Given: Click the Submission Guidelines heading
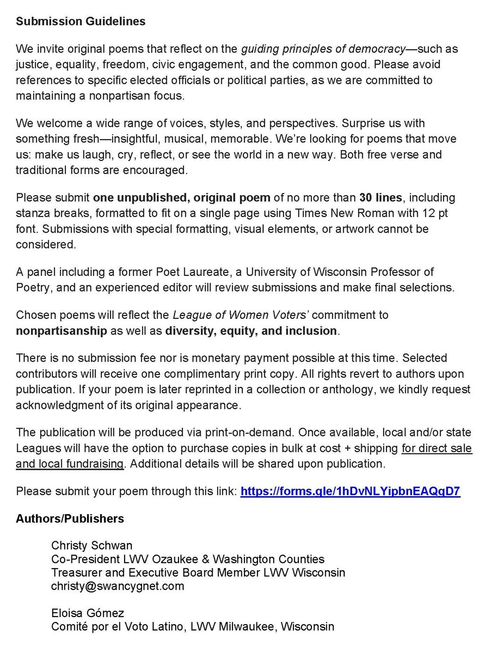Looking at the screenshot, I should [81, 21].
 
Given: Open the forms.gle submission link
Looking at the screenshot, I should [350, 491].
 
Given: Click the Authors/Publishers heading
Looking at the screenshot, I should [70, 518].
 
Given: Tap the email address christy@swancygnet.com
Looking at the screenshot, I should [118, 586].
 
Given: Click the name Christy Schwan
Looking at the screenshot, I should [92, 545].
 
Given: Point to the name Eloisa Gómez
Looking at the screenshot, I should [88, 613].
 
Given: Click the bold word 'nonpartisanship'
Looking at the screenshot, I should [61, 331].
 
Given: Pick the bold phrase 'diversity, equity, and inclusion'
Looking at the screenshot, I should [251, 331].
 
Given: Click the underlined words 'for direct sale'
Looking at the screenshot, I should [436, 448].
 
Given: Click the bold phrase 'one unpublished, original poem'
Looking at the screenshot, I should [181, 198].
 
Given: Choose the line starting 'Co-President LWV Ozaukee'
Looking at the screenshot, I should [188, 559].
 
